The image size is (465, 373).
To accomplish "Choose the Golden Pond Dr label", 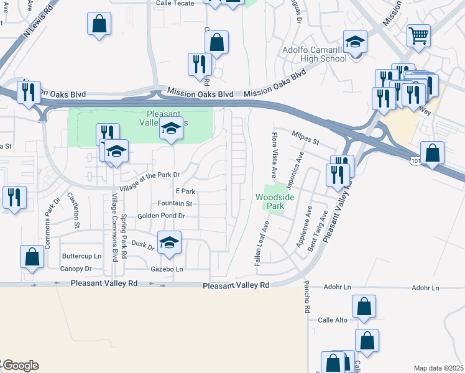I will point(161,216).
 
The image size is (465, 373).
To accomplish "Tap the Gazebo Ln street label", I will point(167,269).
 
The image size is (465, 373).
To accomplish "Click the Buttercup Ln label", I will point(81,256).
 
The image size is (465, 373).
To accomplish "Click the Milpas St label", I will point(305,137).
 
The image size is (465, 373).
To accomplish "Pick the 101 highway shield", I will point(415,160).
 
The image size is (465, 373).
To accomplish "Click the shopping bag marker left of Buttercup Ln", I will point(32,257).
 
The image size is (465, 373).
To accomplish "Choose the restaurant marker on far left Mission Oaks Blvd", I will point(29,93).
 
